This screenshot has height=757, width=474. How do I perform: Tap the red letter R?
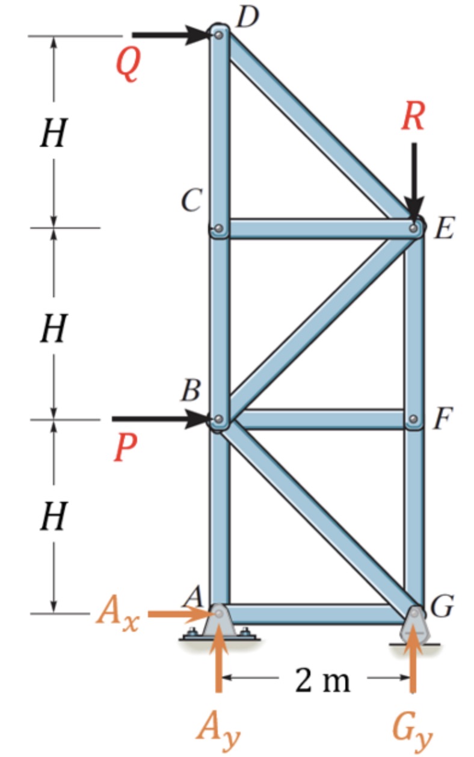[x=413, y=117]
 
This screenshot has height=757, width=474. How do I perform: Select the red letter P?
[x=125, y=448]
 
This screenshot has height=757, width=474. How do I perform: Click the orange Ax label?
[x=117, y=616]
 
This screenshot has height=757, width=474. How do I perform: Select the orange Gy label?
[x=413, y=728]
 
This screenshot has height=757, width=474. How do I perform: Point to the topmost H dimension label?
[x=53, y=134]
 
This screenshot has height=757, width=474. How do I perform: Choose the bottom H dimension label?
[x=53, y=518]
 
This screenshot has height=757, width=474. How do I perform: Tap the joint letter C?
[x=192, y=201]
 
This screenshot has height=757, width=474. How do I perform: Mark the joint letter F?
[x=442, y=419]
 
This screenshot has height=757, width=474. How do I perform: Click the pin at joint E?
[x=414, y=228]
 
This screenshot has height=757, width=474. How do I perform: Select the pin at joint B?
[x=219, y=419]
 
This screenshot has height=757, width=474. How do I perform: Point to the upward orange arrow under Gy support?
[x=413, y=668]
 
